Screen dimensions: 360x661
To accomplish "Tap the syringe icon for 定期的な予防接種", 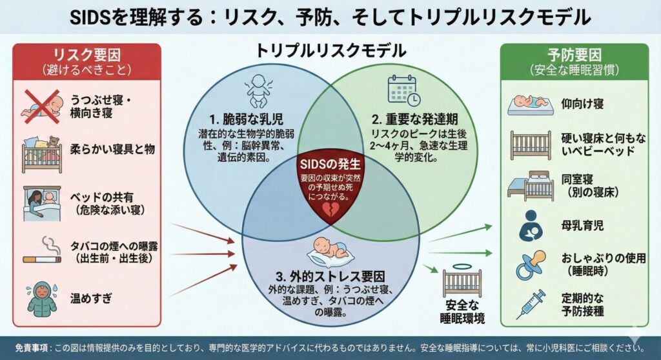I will click(x=530, y=303).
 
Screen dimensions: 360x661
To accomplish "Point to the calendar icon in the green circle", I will click(x=403, y=90).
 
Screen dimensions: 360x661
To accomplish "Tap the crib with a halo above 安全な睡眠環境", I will click(x=462, y=279).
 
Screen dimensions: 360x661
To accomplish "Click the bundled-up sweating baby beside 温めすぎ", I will click(x=41, y=299).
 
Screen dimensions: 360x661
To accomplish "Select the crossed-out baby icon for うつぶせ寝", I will click(x=41, y=106).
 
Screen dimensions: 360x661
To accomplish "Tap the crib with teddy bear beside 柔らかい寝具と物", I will click(x=41, y=151).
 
